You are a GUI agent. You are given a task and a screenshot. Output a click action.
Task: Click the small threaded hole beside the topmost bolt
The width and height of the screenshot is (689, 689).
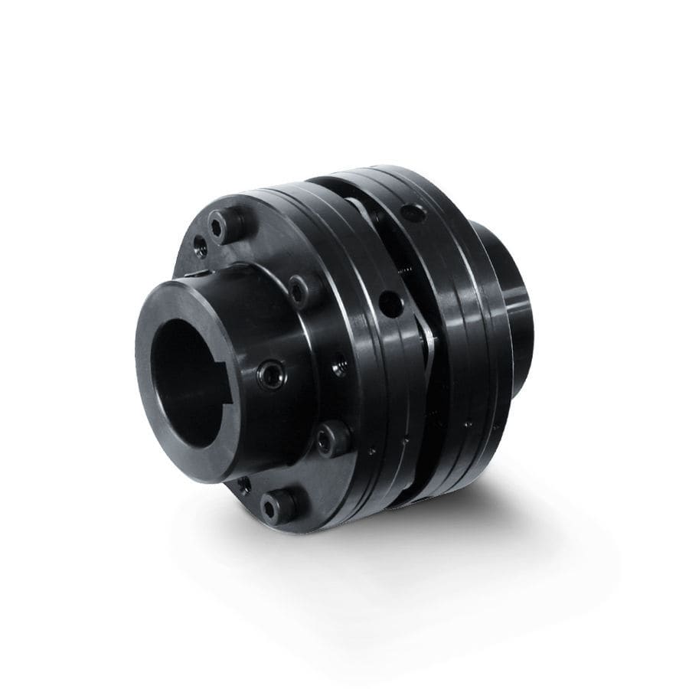(200, 244)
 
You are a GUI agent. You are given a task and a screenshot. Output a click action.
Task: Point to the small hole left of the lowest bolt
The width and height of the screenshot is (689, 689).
(244, 485)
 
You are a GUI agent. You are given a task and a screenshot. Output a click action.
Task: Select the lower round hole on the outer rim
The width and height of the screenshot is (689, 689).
(391, 303)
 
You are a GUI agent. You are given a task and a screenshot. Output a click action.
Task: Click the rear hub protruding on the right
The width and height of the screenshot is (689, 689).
(509, 306)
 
